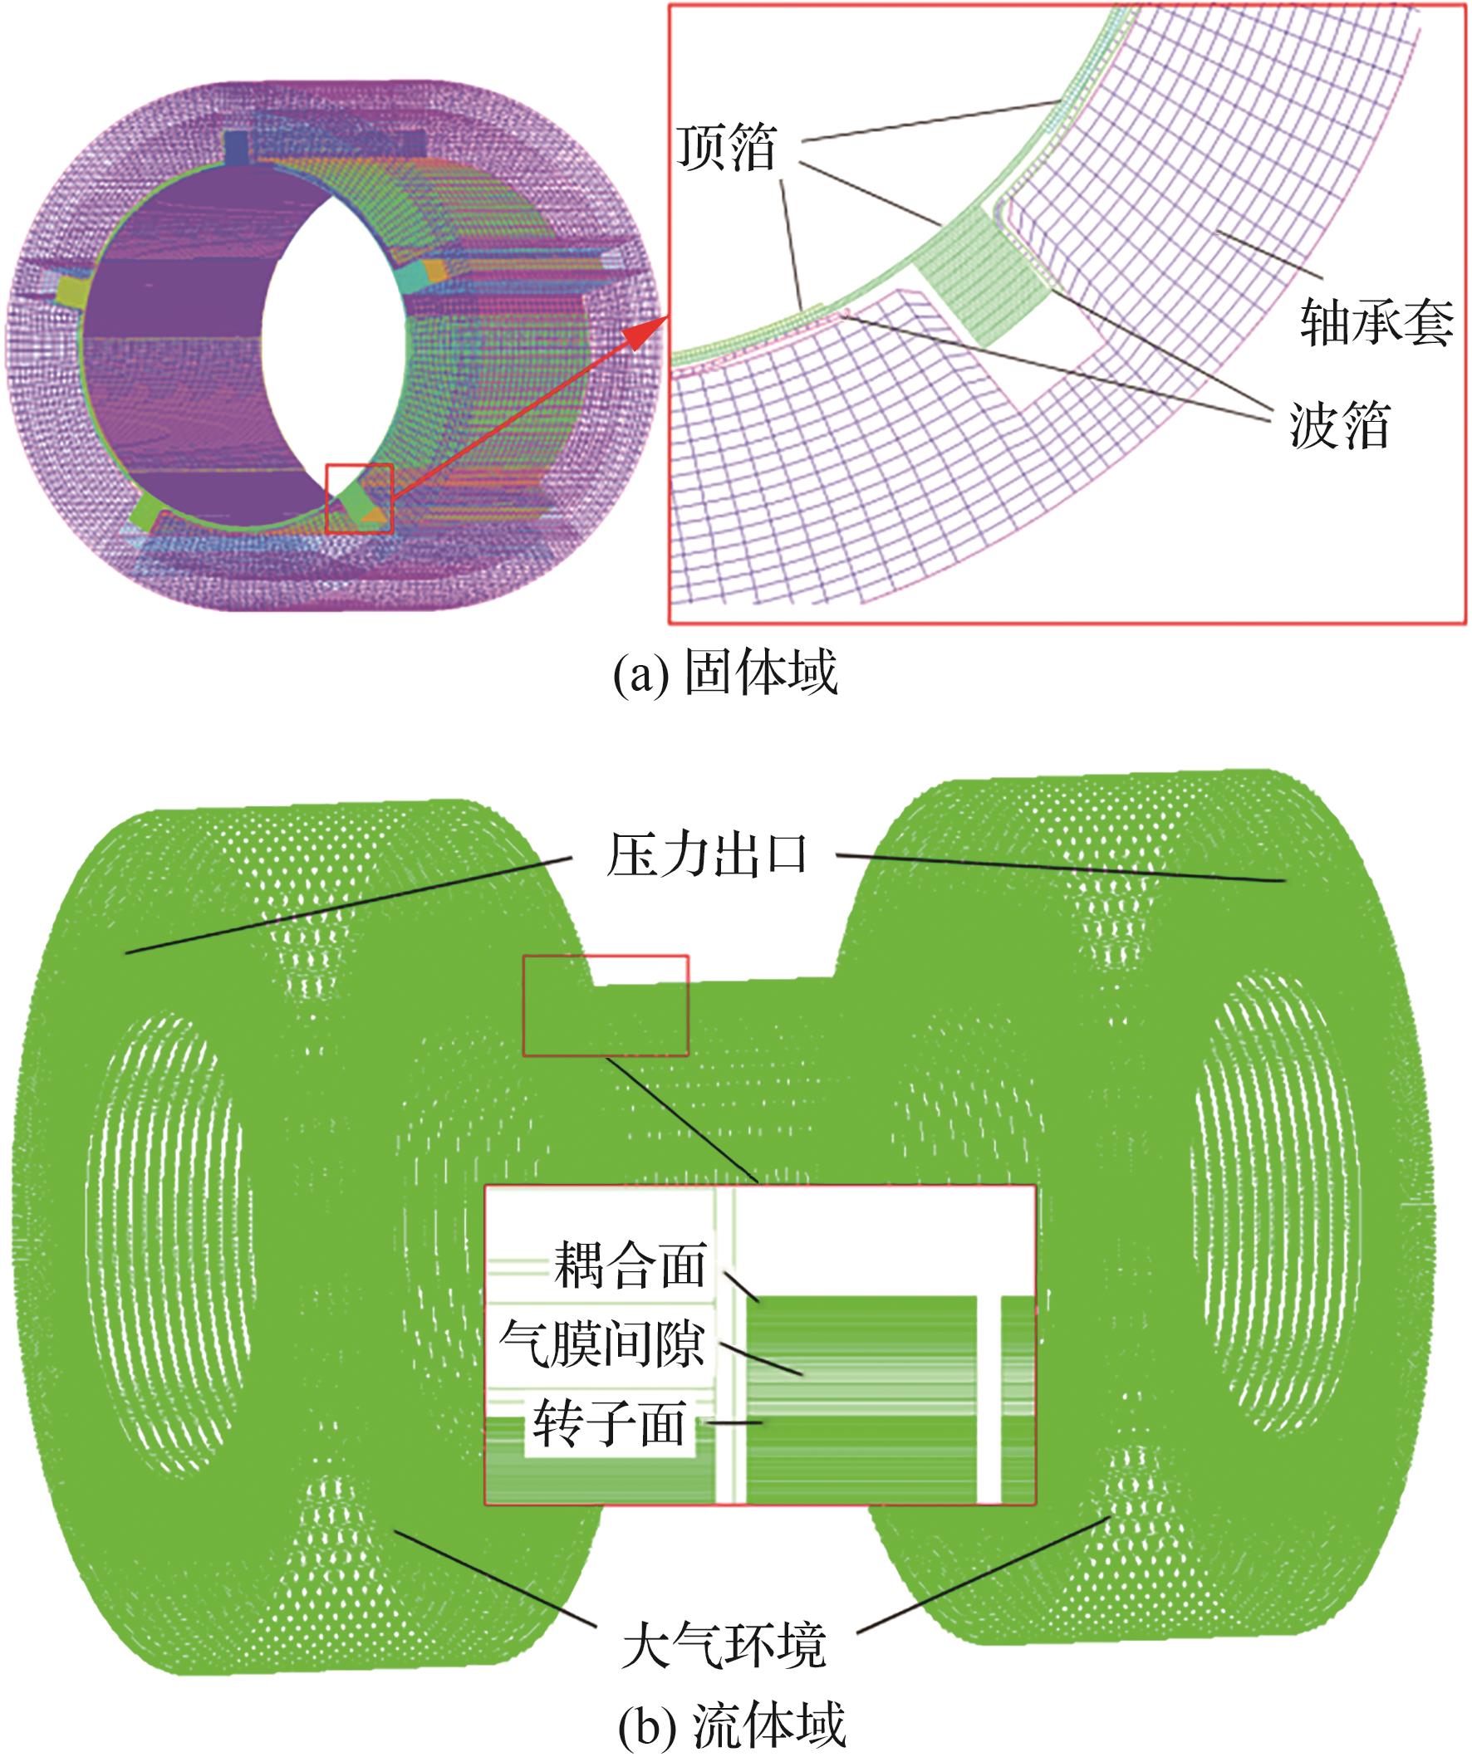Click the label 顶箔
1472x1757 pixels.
coord(726,149)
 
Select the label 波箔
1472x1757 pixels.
coord(1339,425)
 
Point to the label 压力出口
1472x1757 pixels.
coord(707,856)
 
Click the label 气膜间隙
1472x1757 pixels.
coord(601,1344)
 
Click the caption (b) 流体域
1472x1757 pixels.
coord(731,1724)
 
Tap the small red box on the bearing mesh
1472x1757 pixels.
coord(358,498)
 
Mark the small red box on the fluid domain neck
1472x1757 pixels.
coord(605,1005)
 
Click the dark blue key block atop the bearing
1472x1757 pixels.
coord(238,147)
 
